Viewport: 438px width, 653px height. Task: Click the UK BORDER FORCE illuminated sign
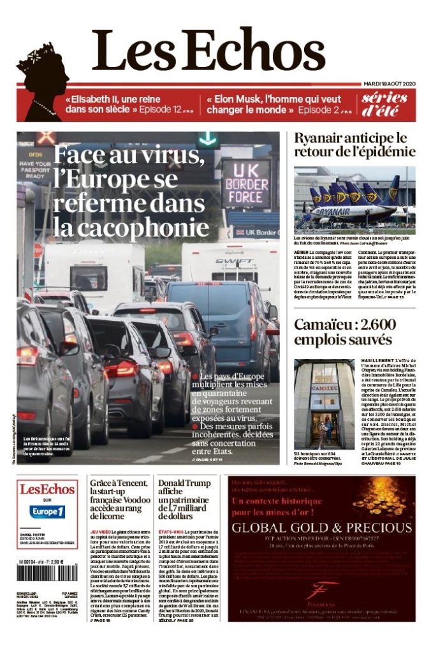pos(245,184)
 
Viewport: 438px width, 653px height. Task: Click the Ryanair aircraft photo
pos(354,200)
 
